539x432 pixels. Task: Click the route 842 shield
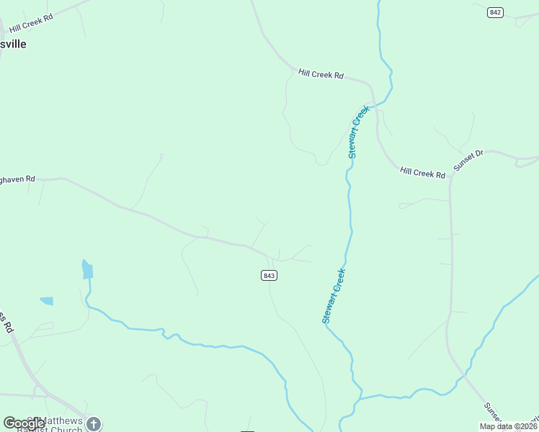(x=495, y=13)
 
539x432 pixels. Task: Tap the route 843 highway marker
(x=269, y=276)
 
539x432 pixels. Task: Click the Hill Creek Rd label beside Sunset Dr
(x=423, y=173)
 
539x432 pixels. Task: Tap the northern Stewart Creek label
(x=358, y=131)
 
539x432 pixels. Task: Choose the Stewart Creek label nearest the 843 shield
(x=334, y=295)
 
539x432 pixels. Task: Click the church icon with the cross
(x=94, y=424)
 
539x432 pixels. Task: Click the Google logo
(x=24, y=423)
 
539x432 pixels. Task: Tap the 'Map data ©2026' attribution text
(x=508, y=426)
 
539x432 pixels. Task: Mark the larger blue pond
(x=87, y=270)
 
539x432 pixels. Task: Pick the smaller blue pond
(x=46, y=301)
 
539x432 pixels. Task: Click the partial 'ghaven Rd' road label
(x=18, y=179)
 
